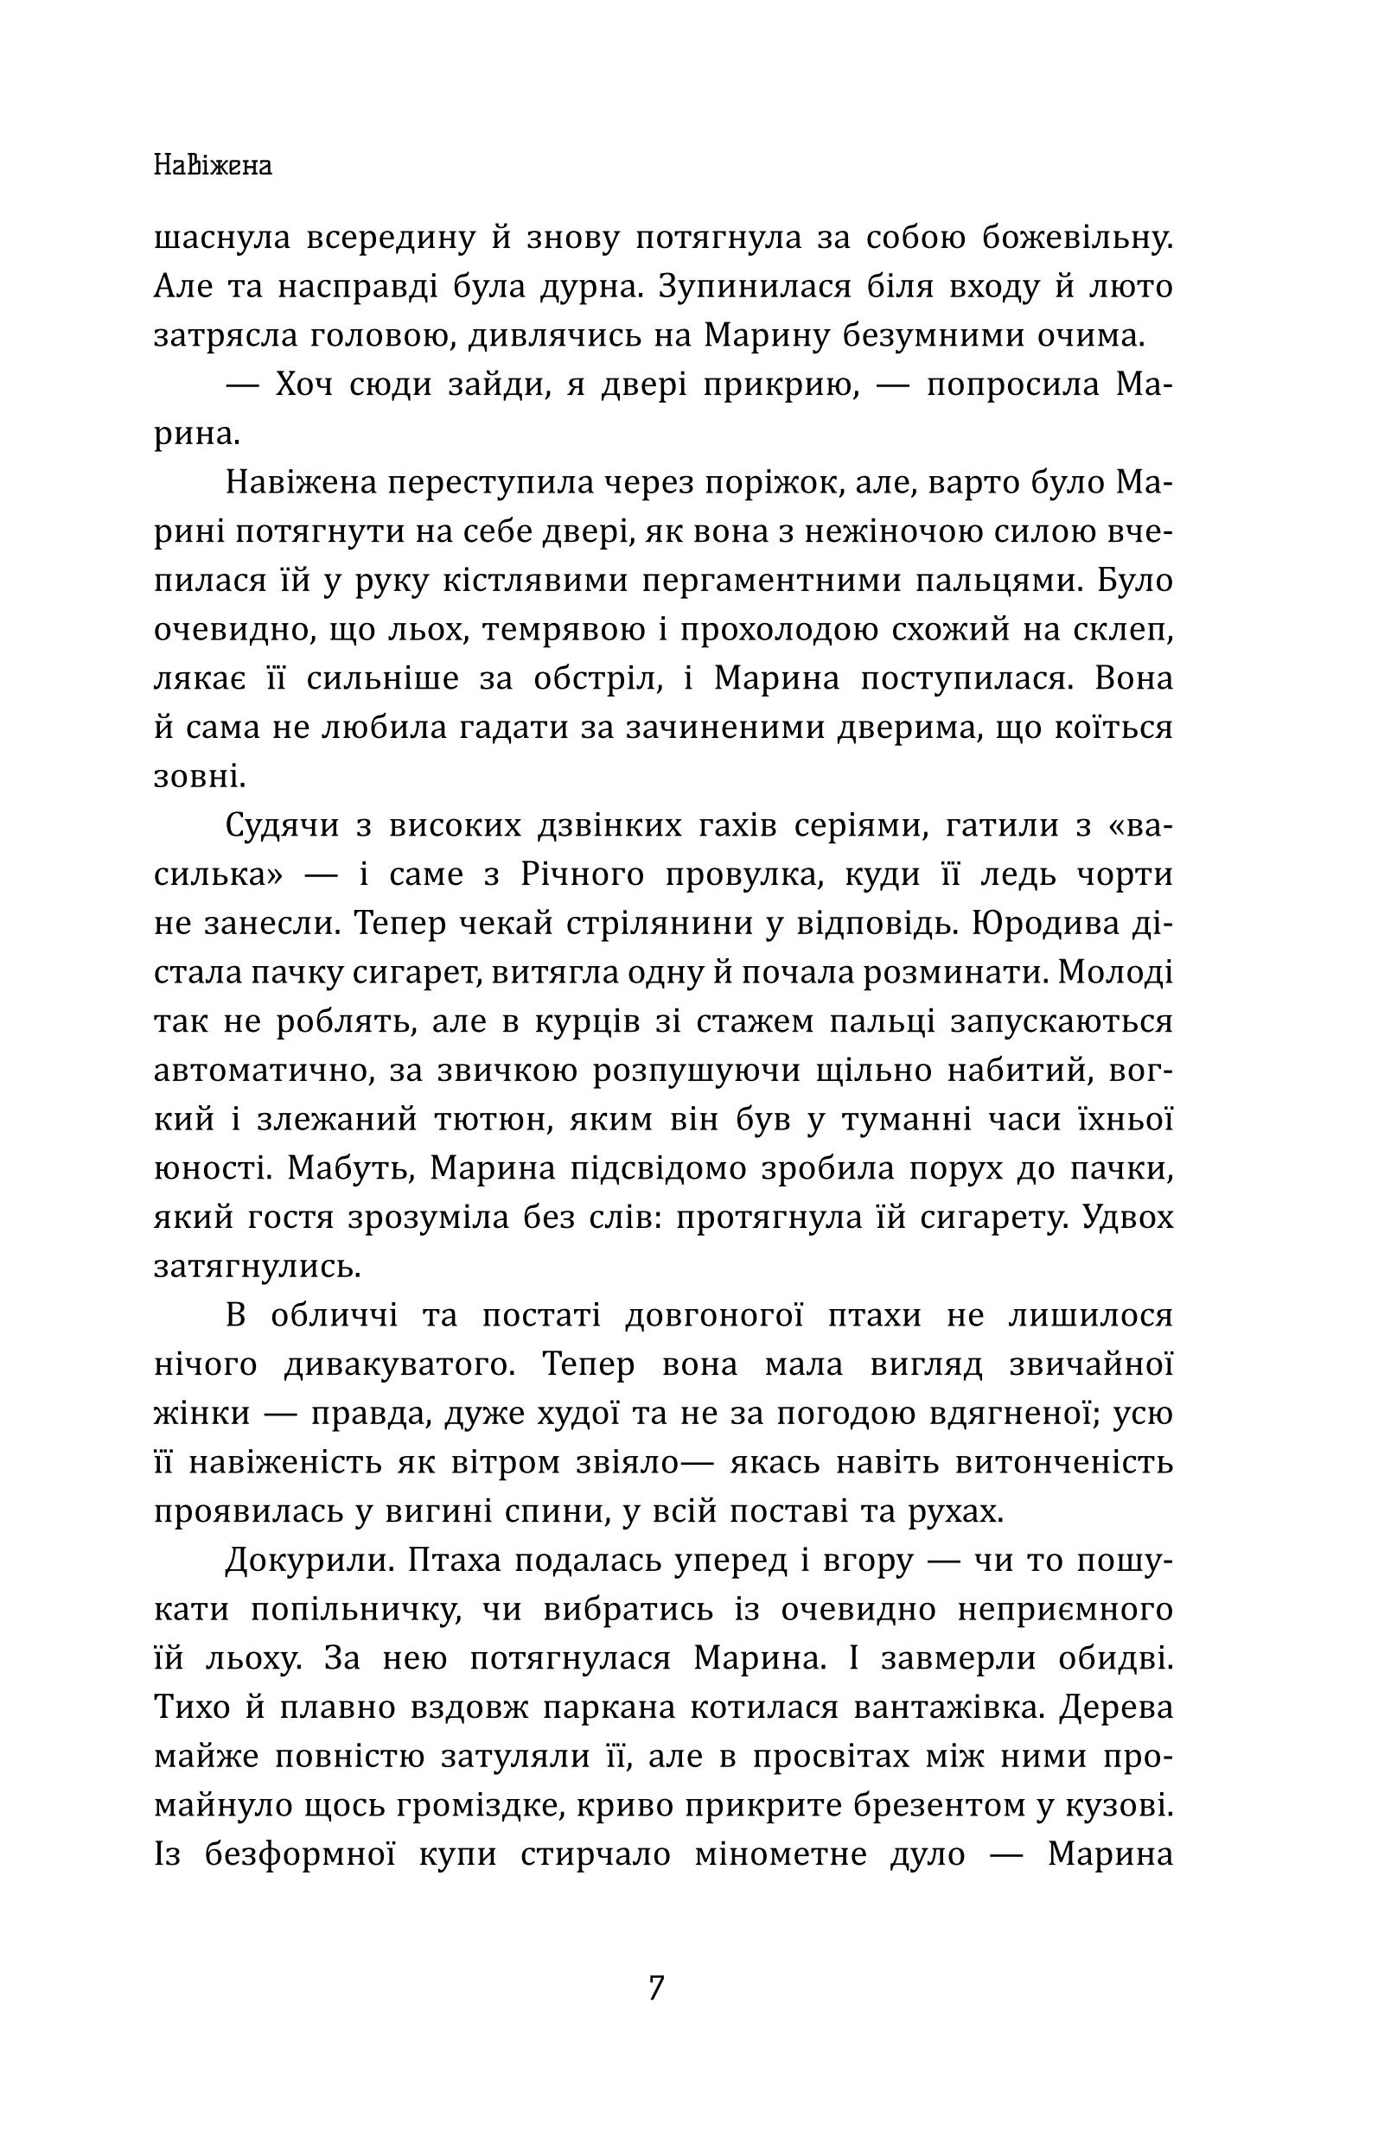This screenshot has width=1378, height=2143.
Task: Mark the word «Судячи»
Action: pyautogui.click(x=283, y=825)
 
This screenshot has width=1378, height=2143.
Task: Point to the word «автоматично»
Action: pyautogui.click(x=261, y=1071)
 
